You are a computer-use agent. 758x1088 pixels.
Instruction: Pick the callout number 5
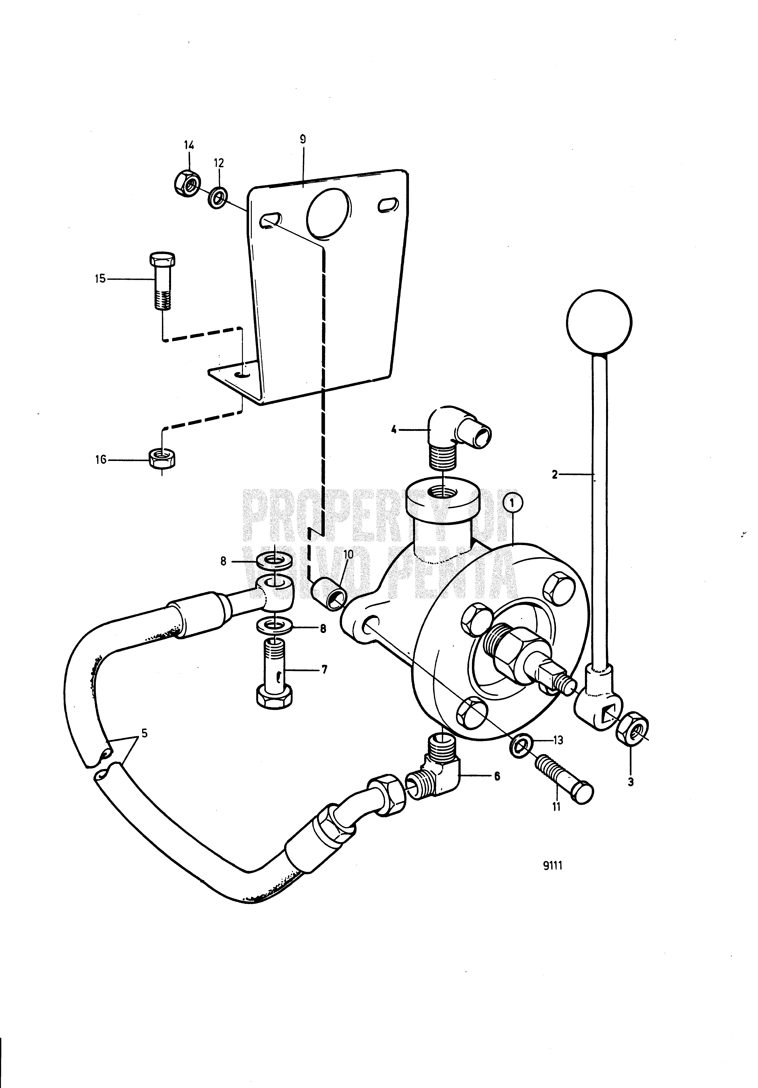tap(144, 733)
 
